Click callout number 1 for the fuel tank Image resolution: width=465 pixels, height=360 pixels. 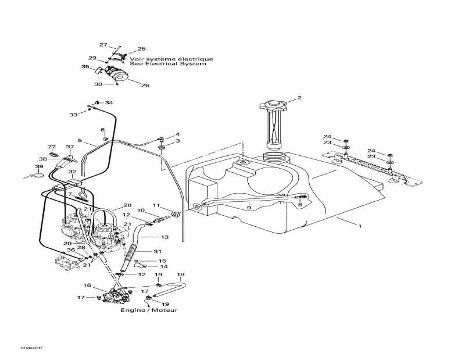coord(359,225)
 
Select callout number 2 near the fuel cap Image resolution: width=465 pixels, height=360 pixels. coord(299,98)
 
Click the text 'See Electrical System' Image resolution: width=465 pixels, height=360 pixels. coord(168,64)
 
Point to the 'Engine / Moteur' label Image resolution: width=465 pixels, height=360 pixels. coord(149,310)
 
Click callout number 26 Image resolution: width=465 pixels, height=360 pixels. coord(145,85)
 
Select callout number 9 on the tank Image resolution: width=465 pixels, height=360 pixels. coord(249,208)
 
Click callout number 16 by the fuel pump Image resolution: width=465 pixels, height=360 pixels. coord(87,286)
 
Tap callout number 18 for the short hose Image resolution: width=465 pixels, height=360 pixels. coord(180,275)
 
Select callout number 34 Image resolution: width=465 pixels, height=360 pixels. coord(109,103)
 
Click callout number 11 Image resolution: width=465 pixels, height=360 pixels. coord(156,205)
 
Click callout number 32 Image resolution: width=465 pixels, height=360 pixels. coord(72,172)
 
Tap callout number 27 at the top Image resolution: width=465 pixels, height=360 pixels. coord(103,45)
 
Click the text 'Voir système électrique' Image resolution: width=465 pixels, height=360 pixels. coord(171,59)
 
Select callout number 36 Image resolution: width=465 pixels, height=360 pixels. coord(70,251)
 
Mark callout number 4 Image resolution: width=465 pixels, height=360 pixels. coord(177,134)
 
